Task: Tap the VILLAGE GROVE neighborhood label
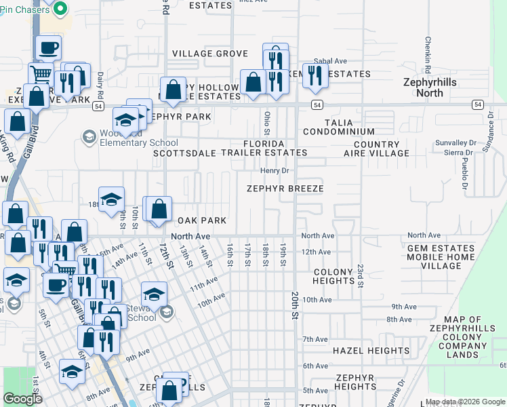point(209,54)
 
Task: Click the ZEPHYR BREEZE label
point(285,189)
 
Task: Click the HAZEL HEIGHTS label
point(371,351)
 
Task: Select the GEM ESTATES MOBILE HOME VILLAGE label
point(443,258)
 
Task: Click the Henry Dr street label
point(275,171)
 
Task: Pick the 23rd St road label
point(361,275)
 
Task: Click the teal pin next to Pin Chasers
point(60,9)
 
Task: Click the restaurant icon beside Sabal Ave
point(315,76)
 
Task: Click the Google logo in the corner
point(22,399)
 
